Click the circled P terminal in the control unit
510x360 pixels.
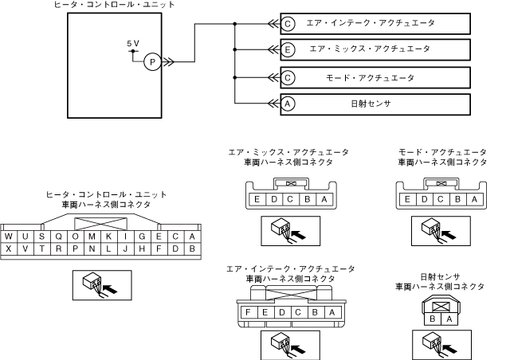[153, 62]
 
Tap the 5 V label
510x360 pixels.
[132, 43]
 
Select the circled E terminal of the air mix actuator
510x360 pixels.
[288, 49]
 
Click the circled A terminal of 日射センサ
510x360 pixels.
[288, 103]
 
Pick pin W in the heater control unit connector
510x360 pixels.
[8, 237]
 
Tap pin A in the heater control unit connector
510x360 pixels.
[191, 237]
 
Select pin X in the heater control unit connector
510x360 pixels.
[8, 249]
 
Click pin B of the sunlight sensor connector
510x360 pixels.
[433, 319]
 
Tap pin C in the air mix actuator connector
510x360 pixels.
[290, 201]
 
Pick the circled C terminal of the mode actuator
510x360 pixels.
[288, 76]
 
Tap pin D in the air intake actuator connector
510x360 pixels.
[280, 312]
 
